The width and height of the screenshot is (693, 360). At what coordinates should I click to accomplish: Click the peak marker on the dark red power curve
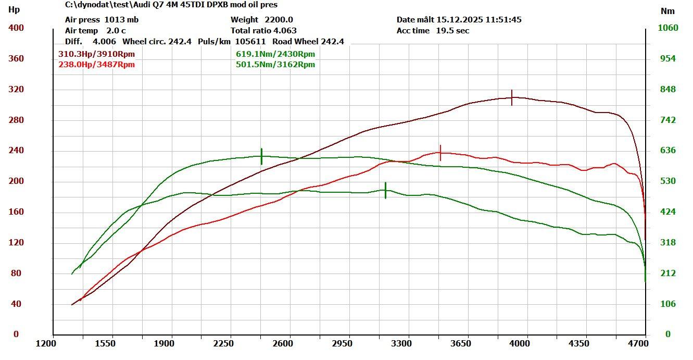point(512,97)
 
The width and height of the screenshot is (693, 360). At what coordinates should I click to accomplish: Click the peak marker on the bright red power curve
point(440,153)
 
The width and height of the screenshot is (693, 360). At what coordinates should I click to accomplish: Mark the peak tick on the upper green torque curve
point(261,156)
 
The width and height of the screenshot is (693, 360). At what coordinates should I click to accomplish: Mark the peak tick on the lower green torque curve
point(385,190)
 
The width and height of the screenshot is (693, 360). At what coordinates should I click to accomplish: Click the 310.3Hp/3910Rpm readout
point(97,54)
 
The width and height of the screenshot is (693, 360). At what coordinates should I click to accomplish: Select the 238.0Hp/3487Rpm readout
point(97,65)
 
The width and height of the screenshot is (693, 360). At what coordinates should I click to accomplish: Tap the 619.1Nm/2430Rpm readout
point(275,54)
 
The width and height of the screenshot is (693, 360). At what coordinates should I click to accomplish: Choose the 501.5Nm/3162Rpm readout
point(275,65)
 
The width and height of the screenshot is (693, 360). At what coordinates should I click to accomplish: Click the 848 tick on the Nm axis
point(668,90)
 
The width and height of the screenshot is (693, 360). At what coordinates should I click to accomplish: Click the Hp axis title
point(15,9)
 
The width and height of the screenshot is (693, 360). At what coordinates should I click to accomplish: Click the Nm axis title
point(667,11)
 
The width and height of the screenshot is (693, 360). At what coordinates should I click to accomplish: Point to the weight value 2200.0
point(279,20)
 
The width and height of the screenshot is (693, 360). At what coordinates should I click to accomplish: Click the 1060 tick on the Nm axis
point(669,28)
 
